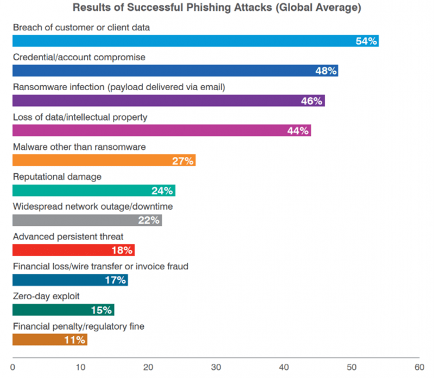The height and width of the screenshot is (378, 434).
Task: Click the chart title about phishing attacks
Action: (217, 9)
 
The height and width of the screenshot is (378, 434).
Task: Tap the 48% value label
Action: (326, 71)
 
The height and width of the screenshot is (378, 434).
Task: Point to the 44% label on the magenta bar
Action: (298, 130)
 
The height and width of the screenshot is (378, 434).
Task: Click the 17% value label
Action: (116, 280)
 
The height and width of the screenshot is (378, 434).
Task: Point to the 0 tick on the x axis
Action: (12, 366)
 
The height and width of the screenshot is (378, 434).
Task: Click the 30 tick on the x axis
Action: (216, 366)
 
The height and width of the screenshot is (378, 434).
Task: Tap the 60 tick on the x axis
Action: (419, 366)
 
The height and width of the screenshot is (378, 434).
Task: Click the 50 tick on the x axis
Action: (352, 366)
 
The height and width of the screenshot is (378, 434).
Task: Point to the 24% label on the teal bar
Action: (162, 190)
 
